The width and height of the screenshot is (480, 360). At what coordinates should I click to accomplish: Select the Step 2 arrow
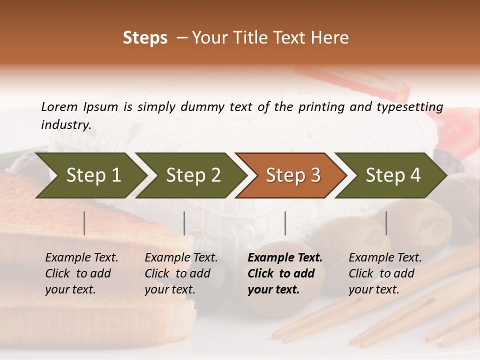pyautogui.click(x=193, y=175)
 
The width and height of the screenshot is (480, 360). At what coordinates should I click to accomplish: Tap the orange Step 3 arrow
pyautogui.click(x=293, y=175)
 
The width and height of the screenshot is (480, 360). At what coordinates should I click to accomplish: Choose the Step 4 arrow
pyautogui.click(x=393, y=175)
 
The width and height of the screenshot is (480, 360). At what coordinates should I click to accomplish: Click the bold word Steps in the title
pyautogui.click(x=145, y=38)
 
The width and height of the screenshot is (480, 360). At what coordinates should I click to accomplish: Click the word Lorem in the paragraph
pyautogui.click(x=59, y=106)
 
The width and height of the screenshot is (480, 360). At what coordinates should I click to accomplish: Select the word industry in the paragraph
pyautogui.click(x=65, y=125)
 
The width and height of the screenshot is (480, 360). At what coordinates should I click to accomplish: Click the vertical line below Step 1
pyautogui.click(x=84, y=223)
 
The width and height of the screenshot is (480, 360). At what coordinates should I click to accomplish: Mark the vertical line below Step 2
pyautogui.click(x=184, y=223)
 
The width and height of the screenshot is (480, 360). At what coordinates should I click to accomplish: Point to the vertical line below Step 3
pyautogui.click(x=285, y=223)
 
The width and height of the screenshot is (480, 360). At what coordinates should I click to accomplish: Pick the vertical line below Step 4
pyautogui.click(x=386, y=223)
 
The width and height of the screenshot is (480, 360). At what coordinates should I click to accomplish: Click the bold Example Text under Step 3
pyautogui.click(x=285, y=258)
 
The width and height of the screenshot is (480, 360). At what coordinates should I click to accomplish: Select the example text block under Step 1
pyautogui.click(x=81, y=273)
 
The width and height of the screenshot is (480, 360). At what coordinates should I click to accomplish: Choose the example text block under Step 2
pyautogui.click(x=181, y=273)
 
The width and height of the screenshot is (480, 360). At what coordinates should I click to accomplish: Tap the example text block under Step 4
pyautogui.click(x=385, y=273)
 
